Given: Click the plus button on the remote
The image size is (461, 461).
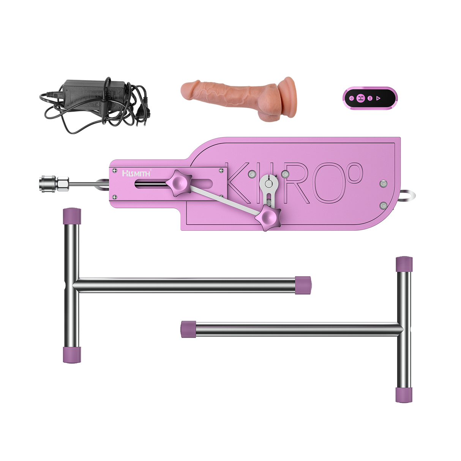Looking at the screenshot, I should (x=351, y=98).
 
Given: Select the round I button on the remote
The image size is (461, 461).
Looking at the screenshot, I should (x=369, y=98).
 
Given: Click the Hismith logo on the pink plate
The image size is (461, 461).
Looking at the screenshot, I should (x=136, y=173).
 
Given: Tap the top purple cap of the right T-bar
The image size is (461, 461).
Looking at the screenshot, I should (x=404, y=264).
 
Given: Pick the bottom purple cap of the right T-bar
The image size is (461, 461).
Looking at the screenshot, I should (x=404, y=395).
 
